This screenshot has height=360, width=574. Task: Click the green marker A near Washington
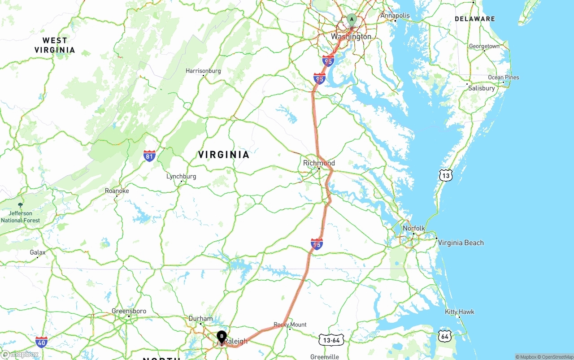(352, 19)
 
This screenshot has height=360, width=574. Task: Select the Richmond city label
(319, 163)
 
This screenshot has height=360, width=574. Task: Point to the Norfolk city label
(413, 228)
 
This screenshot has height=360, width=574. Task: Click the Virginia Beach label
(461, 243)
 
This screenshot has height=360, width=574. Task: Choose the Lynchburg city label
(181, 176)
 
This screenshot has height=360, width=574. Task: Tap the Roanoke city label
(117, 191)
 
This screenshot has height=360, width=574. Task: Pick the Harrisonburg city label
(203, 71)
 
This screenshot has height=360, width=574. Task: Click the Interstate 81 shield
(150, 156)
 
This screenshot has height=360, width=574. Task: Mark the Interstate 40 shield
(41, 342)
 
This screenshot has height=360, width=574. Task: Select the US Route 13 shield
(445, 175)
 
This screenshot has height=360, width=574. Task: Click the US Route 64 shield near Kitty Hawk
(444, 335)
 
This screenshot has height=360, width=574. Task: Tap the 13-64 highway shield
(331, 340)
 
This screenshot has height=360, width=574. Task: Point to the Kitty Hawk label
(459, 312)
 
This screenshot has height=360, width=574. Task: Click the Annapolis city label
(395, 16)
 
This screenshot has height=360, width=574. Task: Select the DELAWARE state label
(474, 19)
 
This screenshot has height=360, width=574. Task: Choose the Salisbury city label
(481, 88)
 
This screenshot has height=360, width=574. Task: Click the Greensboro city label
(129, 311)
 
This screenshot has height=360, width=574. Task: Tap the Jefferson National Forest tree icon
(20, 205)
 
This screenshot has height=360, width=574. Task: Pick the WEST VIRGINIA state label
(55, 45)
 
